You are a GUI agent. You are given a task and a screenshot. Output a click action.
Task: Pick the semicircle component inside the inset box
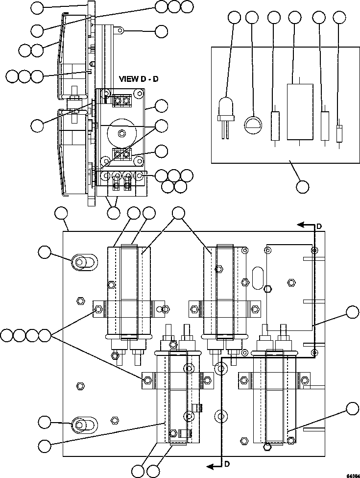252,123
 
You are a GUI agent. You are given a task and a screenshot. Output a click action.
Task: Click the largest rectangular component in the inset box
299,112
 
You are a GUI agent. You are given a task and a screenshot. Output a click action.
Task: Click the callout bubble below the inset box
303,186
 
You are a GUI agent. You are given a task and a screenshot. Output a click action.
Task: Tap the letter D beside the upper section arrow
319,226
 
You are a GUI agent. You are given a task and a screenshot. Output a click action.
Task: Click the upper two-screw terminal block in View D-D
121,101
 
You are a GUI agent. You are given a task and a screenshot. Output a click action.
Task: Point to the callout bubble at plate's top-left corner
61,213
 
